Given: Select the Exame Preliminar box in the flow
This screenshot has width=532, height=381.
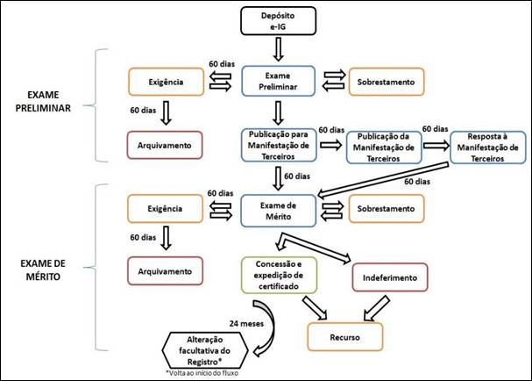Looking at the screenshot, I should tap(277, 81).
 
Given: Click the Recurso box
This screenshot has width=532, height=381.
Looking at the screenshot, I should tap(344, 336).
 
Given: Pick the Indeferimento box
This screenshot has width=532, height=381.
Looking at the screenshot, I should tap(389, 278).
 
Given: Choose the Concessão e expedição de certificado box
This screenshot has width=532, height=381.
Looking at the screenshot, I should tap(277, 273).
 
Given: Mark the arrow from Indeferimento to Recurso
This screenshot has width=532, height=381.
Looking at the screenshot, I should tap(379, 306).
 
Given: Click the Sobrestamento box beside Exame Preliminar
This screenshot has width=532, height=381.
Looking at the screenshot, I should tap(387, 81).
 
